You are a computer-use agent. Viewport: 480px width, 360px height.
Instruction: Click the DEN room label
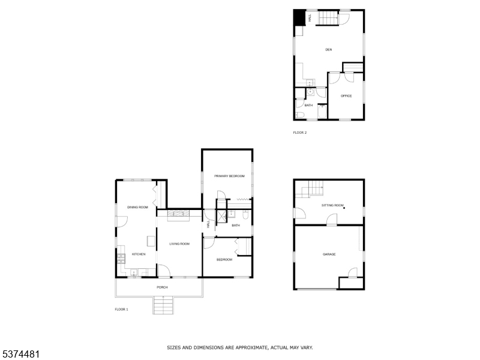(329, 49)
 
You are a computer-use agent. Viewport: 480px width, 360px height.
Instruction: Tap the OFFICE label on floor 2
(346, 96)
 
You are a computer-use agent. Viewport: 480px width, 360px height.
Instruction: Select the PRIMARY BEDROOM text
(230, 176)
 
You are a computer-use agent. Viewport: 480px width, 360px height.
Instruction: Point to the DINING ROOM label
(137, 207)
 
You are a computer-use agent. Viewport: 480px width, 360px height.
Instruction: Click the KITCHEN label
(139, 254)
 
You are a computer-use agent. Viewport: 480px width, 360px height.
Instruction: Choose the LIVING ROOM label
(179, 244)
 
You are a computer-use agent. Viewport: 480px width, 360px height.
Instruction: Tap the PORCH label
(162, 287)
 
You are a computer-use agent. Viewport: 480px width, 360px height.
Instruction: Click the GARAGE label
(329, 254)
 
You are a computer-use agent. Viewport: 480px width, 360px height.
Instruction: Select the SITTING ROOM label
(332, 205)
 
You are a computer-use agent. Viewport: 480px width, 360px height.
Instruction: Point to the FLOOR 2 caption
(300, 133)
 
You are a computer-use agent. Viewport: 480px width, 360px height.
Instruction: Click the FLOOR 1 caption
(121, 309)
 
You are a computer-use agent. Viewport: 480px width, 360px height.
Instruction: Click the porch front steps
(163, 306)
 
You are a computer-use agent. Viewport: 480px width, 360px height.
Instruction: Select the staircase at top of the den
(328, 19)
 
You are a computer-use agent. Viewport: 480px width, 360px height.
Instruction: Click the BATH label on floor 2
(308, 106)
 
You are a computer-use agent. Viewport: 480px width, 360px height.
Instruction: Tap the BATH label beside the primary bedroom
(235, 226)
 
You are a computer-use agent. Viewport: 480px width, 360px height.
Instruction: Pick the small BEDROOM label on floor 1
(224, 259)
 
